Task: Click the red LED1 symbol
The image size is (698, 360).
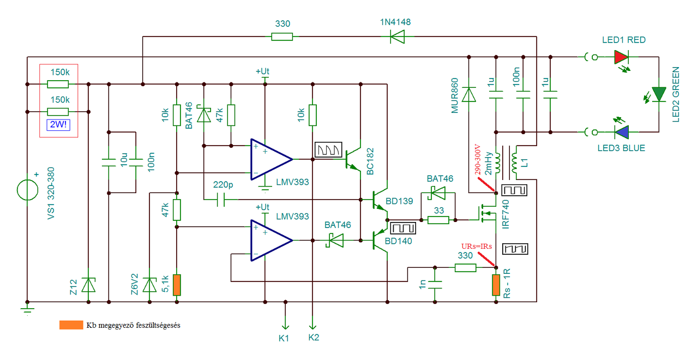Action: click(x=621, y=57)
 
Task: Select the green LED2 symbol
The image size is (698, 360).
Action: click(x=659, y=94)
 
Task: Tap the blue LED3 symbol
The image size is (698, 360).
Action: click(x=621, y=132)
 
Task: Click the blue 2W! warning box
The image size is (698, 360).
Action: click(x=58, y=125)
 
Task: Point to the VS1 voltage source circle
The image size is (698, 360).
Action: click(x=27, y=190)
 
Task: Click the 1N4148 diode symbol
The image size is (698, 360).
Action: click(x=398, y=37)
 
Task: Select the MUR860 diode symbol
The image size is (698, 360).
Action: click(x=468, y=94)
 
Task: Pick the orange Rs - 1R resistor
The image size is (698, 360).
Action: click(x=496, y=285)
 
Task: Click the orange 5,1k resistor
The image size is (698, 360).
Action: click(x=177, y=285)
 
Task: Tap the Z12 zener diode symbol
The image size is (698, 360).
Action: click(x=88, y=285)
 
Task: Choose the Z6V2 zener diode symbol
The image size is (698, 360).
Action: click(x=149, y=285)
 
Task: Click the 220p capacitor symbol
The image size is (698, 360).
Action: click(x=221, y=200)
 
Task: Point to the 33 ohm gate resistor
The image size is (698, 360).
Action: click(x=438, y=220)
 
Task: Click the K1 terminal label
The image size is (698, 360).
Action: click(x=284, y=338)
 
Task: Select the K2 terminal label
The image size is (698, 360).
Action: click(x=314, y=337)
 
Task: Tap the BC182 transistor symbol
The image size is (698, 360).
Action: click(x=353, y=159)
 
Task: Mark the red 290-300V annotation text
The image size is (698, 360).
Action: click(x=477, y=160)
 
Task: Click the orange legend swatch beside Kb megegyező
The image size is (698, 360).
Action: click(x=71, y=325)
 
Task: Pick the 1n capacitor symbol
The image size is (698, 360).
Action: click(x=435, y=285)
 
